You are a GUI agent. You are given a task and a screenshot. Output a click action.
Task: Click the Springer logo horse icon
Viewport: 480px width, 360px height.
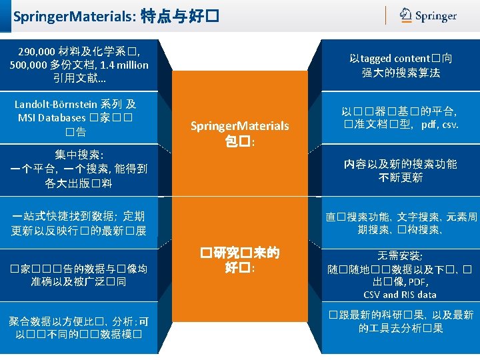click(x=406, y=15)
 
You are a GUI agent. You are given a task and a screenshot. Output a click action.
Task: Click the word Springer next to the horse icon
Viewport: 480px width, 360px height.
click(x=436, y=16)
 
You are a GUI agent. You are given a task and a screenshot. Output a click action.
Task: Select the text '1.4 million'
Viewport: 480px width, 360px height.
click(x=125, y=65)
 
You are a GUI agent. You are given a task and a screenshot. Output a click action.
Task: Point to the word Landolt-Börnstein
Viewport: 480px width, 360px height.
click(x=56, y=104)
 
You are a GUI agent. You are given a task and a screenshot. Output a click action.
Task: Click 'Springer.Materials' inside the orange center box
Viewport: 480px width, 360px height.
click(x=239, y=126)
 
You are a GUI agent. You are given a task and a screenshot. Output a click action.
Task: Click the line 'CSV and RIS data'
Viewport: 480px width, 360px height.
click(x=400, y=295)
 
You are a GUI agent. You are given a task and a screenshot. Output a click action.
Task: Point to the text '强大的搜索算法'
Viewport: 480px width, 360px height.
click(x=400, y=73)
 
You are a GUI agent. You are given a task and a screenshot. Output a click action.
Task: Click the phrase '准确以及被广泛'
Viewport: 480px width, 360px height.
click(x=74, y=282)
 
